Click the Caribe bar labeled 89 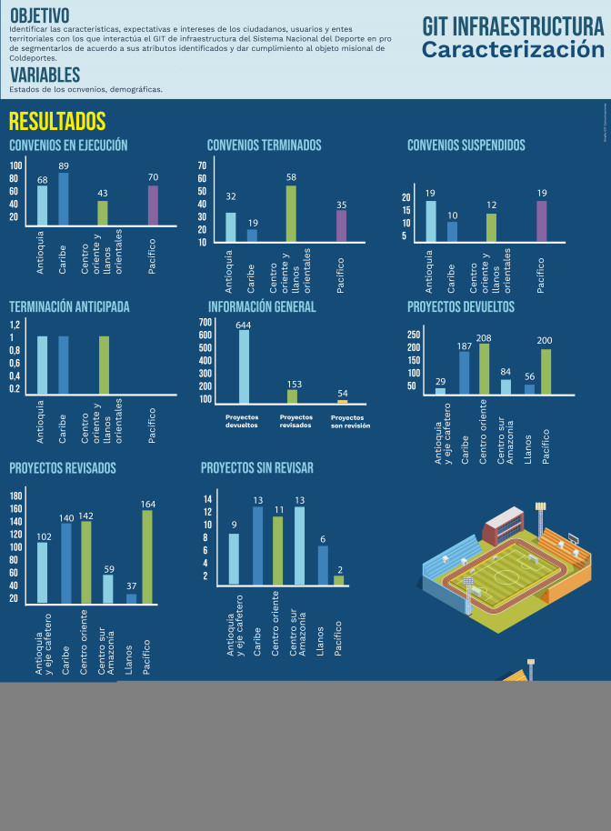64,199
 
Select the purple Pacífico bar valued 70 153,205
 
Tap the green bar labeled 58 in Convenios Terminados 291,214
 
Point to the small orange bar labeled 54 343,401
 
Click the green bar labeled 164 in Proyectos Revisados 147,557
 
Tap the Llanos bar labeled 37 131,598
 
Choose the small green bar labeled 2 339,580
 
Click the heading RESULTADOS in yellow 57,122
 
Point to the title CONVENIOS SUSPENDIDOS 466,145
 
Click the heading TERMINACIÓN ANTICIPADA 69,306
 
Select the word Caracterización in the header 512,50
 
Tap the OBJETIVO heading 39,15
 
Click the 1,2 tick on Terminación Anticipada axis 15,325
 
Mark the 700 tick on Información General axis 205,322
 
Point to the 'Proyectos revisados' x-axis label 295,421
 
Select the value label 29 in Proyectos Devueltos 440,381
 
